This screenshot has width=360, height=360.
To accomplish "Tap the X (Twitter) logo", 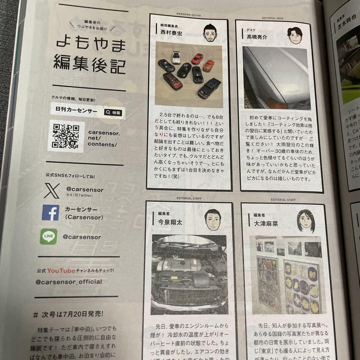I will (51, 191).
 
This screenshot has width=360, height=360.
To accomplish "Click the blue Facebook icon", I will (51, 213).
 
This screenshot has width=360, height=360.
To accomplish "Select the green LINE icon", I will (49, 236).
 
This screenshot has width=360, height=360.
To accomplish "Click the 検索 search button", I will (114, 113).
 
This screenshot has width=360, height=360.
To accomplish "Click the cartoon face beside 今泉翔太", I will (213, 220).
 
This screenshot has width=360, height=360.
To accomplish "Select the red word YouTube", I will (61, 270).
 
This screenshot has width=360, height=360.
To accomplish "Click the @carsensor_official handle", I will (69, 282).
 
